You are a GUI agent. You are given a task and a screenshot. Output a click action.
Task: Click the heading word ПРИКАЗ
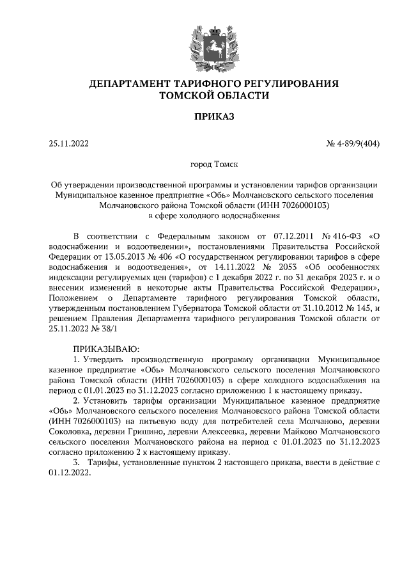204,116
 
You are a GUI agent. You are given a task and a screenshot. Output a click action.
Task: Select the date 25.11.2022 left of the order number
69,144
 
